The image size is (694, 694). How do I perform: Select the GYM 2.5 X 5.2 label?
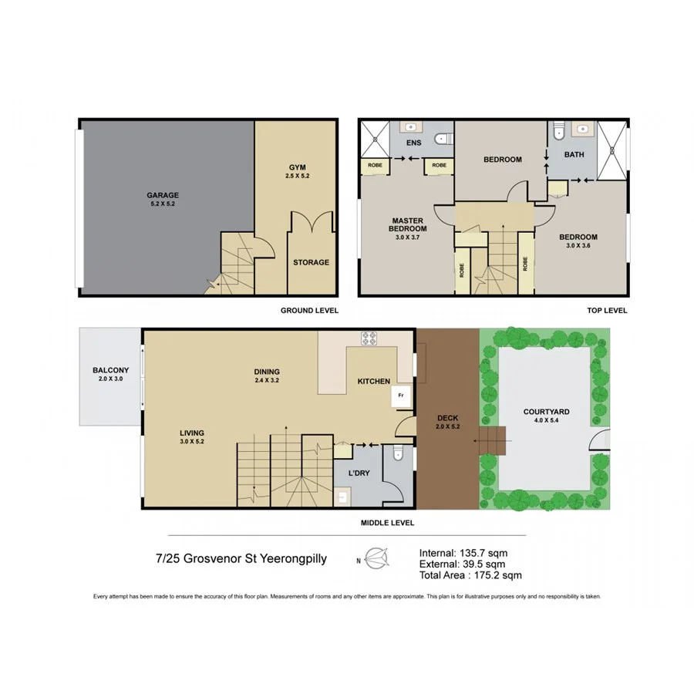coord(297,171)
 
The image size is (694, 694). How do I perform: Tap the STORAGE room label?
coord(311,262)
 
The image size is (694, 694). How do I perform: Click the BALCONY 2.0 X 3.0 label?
coord(110,374)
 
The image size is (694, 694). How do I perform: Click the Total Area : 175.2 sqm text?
coord(470,575)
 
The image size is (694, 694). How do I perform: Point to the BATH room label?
coord(574,154)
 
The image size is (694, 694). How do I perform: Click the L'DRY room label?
coord(359,473)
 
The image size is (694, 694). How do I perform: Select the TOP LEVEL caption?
coord(607,310)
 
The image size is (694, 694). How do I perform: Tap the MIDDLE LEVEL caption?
coord(387,522)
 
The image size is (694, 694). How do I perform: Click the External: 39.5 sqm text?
coord(462,564)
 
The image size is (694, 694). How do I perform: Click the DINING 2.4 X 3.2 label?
coord(268,376)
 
